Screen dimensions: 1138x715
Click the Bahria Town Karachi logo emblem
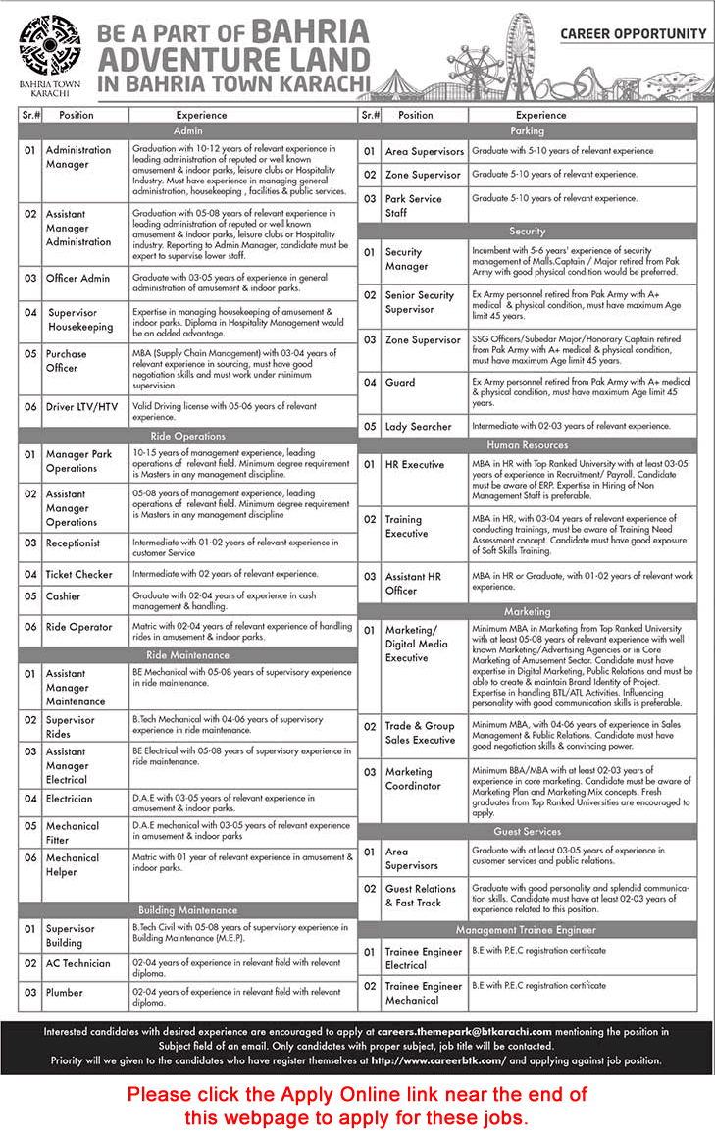coord(49,44)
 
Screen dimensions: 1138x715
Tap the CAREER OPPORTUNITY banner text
coord(633,34)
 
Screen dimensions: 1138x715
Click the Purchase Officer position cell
coord(67,360)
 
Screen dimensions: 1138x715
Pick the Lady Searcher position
coord(419,427)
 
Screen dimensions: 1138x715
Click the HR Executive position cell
coord(415,464)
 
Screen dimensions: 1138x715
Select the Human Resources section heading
coord(527,445)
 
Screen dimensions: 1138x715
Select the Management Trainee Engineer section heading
coord(527,930)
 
